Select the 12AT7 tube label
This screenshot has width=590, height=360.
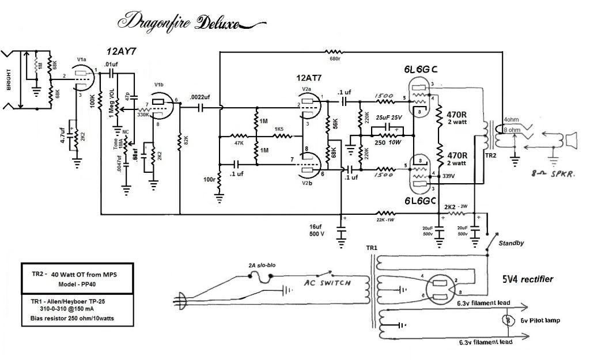coord(312,78)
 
